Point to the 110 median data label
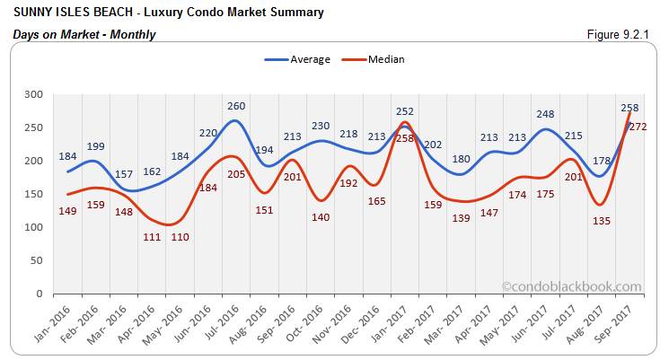click(x=180, y=237)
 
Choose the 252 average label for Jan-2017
click(x=405, y=111)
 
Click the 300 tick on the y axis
click(x=32, y=94)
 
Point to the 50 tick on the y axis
click(x=35, y=260)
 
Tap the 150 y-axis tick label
click(x=32, y=194)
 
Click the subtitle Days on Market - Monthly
click(x=84, y=34)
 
